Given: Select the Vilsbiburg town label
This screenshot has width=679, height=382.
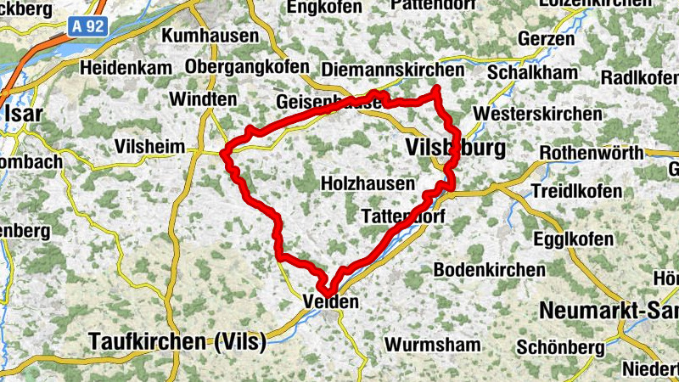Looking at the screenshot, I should coord(455,149).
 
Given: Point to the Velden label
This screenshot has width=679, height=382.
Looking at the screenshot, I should coord(331,301).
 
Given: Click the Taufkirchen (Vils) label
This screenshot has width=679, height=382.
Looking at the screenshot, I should coord(177,342).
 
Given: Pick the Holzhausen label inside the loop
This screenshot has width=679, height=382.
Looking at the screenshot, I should coord(368,183).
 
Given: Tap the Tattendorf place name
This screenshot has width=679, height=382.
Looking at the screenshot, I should coord(403,216).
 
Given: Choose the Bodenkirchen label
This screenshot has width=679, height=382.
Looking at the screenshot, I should coord(489,269).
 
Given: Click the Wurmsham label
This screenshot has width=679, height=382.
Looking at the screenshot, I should coord(432,345).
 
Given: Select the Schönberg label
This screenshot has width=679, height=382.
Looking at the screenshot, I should coord(560,348).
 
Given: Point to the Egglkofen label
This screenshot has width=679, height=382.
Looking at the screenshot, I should coord(574,239).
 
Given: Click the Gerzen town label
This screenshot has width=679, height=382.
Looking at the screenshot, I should coord(541,40).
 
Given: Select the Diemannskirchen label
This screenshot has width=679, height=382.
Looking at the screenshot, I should coord(394,70).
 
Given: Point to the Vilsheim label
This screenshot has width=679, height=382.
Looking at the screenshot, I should coord(149,146).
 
